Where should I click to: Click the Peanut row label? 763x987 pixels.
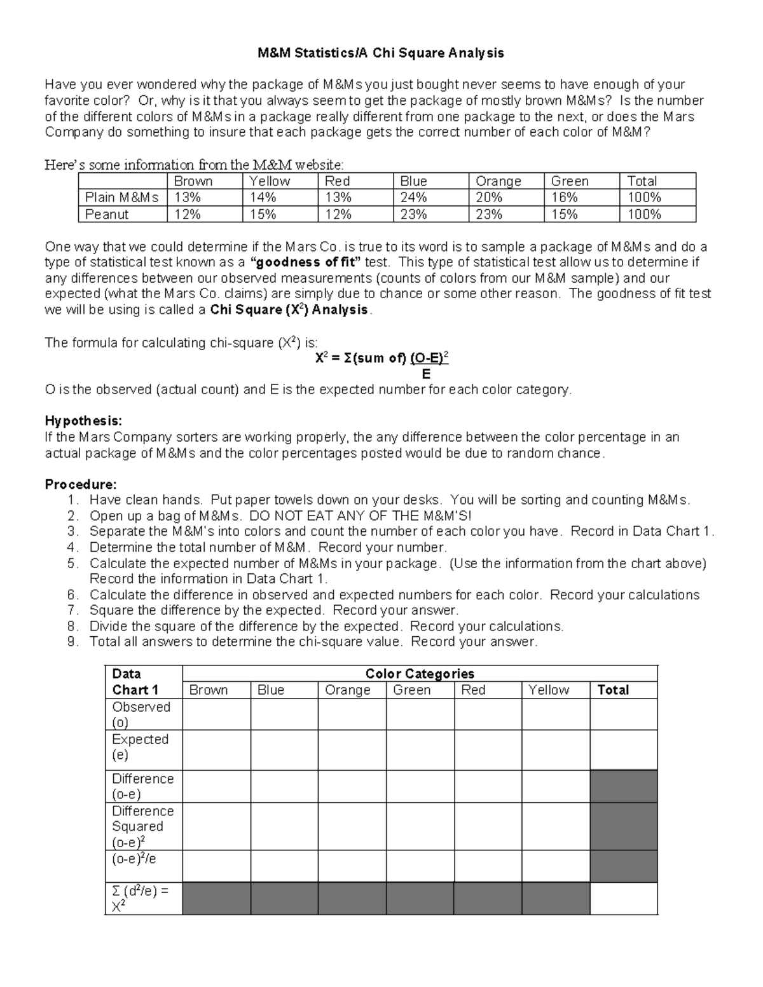tap(107, 214)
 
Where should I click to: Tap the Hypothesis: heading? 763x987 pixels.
tap(83, 421)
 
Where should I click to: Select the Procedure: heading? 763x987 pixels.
tap(81, 484)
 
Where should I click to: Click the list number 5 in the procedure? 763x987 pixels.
tap(72, 563)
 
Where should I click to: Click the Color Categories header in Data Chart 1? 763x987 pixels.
tap(420, 674)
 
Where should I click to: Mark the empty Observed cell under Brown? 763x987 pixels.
tap(216, 714)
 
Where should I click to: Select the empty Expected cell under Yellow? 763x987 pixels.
tap(556, 750)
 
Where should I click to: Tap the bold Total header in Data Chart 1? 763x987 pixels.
tap(613, 690)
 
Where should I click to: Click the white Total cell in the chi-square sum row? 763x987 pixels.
tap(623, 899)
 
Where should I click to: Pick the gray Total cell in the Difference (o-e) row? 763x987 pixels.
tap(623, 786)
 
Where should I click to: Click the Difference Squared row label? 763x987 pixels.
tap(142, 826)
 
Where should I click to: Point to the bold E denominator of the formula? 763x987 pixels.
tap(426, 374)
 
